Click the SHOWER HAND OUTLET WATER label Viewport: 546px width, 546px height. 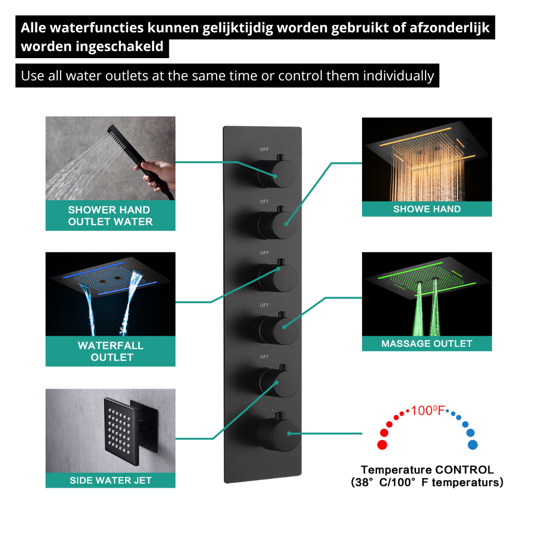[x=110, y=215]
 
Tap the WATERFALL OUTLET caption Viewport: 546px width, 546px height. [x=111, y=351]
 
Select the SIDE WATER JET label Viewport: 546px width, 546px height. [x=111, y=481]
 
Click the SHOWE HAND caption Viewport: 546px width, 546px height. [x=427, y=209]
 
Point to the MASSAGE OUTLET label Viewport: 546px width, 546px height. [x=427, y=344]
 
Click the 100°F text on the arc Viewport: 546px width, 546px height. [x=428, y=411]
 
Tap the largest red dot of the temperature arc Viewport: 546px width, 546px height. [x=382, y=445]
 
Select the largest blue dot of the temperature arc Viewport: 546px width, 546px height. [x=473, y=445]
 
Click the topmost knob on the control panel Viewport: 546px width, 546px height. [x=278, y=171]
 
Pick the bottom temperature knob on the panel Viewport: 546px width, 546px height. [x=279, y=432]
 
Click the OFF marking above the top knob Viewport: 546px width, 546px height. [x=264, y=149]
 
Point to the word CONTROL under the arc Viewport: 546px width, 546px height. [x=465, y=470]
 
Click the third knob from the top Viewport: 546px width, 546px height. [x=278, y=276]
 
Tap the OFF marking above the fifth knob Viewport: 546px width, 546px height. [x=264, y=357]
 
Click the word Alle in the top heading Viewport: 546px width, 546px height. [x=33, y=28]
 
